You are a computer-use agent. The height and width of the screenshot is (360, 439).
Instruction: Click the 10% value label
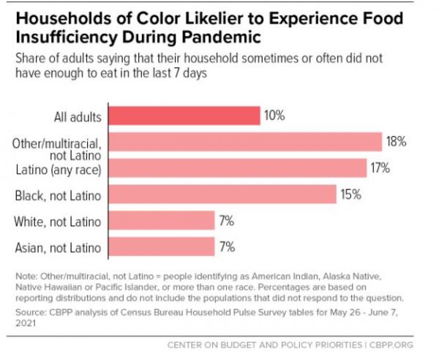pyautogui.click(x=275, y=116)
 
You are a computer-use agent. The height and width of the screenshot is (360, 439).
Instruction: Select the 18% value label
pyautogui.click(x=396, y=142)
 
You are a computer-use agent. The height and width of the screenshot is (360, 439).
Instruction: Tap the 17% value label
pyautogui.click(x=380, y=168)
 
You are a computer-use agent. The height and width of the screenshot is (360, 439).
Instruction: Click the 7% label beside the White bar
pyautogui.click(x=226, y=220)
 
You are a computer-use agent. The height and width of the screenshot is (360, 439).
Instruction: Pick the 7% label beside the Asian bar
pyautogui.click(x=226, y=247)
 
